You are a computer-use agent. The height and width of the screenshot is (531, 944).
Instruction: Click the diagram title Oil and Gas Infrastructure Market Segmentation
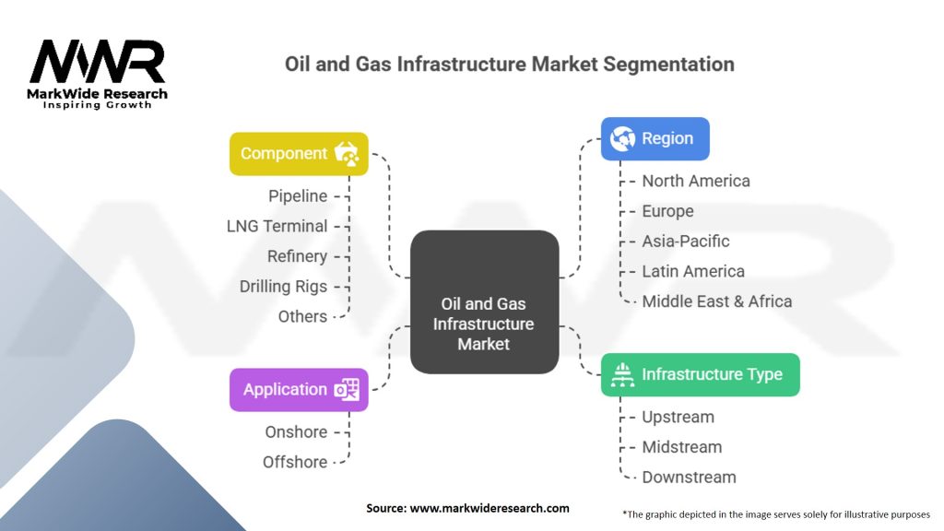[508, 65]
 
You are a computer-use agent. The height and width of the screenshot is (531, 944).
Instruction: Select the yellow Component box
[299, 154]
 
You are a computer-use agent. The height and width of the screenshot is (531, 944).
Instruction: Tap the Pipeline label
[298, 195]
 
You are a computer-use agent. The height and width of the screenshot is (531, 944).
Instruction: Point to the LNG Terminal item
[277, 226]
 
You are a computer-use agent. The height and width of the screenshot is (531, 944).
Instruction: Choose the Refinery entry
[297, 256]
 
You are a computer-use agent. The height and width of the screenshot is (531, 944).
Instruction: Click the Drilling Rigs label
[283, 287]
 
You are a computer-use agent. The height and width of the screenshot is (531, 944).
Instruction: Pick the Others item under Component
[302, 316]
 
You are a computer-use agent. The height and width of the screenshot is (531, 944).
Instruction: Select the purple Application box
[299, 390]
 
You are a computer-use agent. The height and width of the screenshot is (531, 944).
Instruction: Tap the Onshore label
[296, 431]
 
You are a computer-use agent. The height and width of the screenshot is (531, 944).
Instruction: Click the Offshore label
[295, 462]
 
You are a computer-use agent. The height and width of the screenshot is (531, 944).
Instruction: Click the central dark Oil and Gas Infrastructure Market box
[484, 302]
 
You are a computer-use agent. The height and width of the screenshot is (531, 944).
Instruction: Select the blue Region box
[655, 138]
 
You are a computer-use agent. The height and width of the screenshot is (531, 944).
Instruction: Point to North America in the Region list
[696, 181]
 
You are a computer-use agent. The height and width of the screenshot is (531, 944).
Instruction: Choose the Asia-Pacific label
[686, 241]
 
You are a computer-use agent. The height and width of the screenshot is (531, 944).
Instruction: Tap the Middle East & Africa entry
[716, 301]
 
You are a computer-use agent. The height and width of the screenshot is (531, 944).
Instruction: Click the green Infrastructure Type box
[700, 374]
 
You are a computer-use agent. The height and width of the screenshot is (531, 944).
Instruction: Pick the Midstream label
[681, 447]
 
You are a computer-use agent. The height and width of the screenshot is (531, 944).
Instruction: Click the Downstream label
[689, 477]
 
